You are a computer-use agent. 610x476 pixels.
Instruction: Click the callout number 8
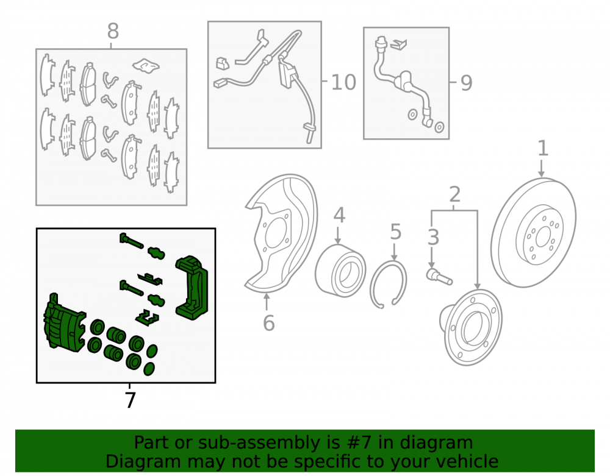113,31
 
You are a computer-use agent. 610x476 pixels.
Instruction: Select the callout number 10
343,82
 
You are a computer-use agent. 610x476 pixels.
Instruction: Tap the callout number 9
466,83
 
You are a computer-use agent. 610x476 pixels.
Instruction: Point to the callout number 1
543,149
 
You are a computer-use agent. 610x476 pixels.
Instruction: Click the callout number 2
455,194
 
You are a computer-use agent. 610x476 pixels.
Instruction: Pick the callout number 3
433,237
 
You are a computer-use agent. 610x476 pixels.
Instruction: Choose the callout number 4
339,215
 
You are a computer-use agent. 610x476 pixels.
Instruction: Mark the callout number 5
395,232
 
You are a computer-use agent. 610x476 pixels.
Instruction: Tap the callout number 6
268,323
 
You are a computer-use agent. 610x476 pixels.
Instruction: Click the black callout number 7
131,400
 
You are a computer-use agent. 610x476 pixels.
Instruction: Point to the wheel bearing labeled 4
340,269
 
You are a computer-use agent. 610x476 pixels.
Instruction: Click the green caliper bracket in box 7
192,288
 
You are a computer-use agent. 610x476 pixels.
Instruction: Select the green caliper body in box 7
64,323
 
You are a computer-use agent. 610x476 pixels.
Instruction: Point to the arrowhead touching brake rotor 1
542,174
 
